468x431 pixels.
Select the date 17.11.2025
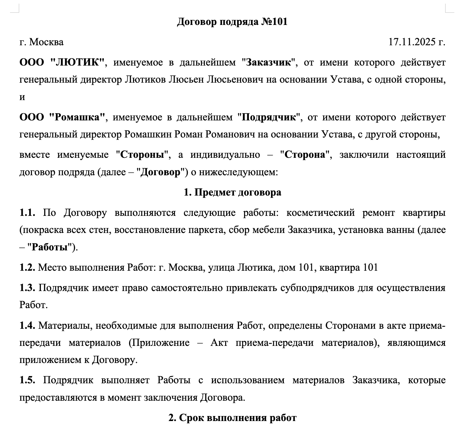(x=412, y=42)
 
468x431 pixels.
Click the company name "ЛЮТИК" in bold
(x=78, y=62)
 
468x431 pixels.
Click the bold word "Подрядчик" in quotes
(x=269, y=117)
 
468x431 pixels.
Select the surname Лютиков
(x=145, y=79)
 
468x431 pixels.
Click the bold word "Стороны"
(x=144, y=155)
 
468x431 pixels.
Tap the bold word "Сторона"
(x=305, y=155)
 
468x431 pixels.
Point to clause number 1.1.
(x=27, y=213)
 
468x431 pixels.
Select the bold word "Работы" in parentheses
(x=50, y=247)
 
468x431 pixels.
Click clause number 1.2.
(x=27, y=267)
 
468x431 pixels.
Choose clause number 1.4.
(x=27, y=326)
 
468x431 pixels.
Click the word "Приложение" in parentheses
(x=159, y=343)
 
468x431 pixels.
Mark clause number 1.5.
(x=27, y=380)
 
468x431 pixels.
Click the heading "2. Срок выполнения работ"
(x=232, y=417)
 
